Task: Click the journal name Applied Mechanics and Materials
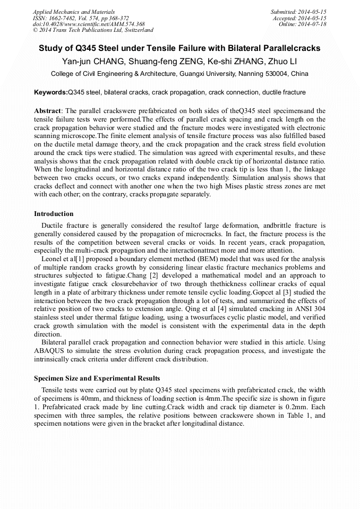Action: (74, 11)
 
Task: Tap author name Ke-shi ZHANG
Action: (232, 61)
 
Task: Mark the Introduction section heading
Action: (54, 214)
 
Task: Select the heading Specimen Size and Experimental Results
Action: (97, 378)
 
